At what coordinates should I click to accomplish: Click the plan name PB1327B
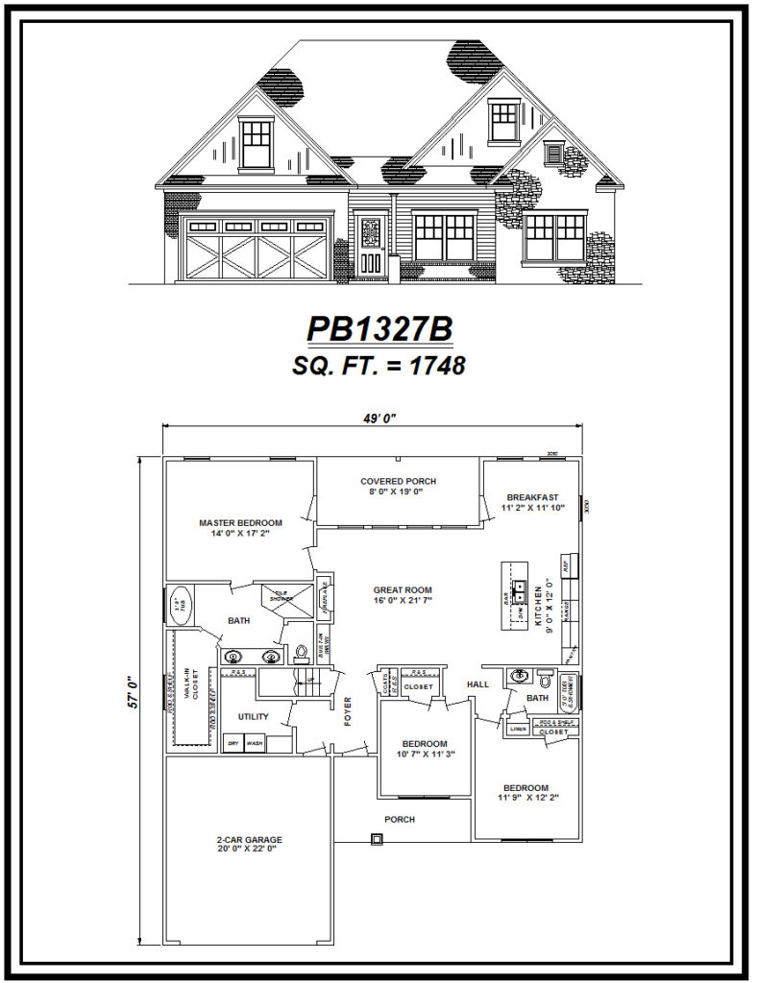coord(379,329)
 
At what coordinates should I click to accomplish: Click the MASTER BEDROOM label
coord(240,523)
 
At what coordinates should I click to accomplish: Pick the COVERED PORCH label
coord(398,481)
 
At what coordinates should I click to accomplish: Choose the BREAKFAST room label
coord(532,497)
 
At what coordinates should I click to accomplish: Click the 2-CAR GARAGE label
coord(249,840)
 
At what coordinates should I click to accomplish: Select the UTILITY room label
coord(254,716)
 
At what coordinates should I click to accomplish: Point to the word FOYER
coord(347,710)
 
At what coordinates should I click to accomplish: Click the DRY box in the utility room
coord(232,743)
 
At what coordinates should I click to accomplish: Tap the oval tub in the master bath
coord(180,605)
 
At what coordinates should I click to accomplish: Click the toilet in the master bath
coord(301,654)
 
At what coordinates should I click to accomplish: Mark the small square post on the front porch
coord(377,839)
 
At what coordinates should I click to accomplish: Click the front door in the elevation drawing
coord(371,246)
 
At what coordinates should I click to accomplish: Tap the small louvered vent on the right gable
coord(552,154)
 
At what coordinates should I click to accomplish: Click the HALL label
coord(477,684)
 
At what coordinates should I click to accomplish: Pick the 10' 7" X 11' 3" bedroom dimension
coord(424,755)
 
